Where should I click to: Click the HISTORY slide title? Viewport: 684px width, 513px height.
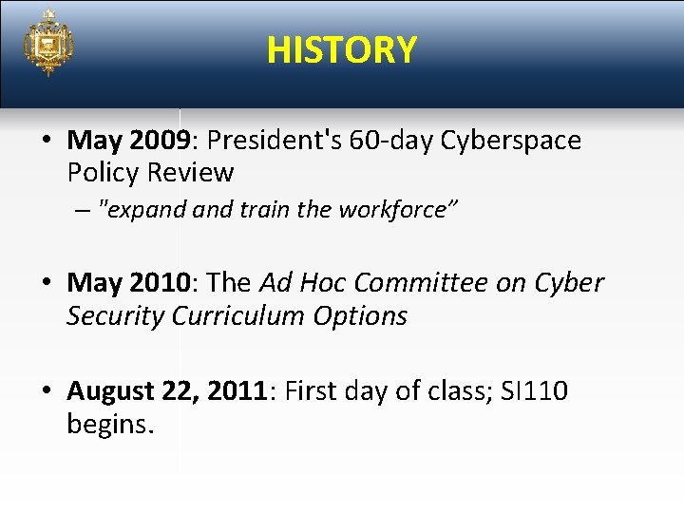tap(341, 49)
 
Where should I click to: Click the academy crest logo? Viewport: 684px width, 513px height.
tap(48, 44)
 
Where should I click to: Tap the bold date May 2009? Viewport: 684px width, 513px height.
tap(129, 141)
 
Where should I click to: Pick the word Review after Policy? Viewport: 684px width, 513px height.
tap(195, 173)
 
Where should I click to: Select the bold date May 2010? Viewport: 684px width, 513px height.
tap(129, 283)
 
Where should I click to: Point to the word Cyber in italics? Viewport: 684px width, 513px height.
tap(568, 283)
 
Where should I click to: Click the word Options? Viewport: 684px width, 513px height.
tap(364, 315)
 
